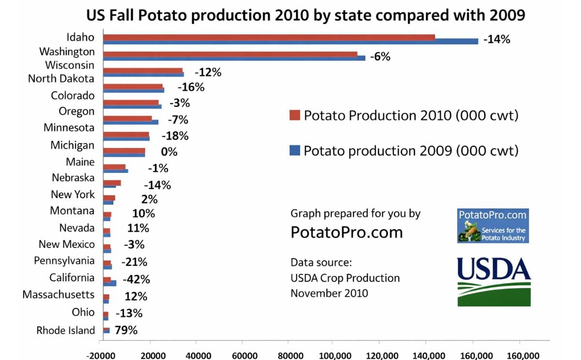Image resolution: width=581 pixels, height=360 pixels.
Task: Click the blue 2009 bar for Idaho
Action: (290, 42)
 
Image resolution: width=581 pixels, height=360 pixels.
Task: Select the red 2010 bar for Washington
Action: (230, 54)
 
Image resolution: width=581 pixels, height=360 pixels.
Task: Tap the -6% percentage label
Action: (380, 57)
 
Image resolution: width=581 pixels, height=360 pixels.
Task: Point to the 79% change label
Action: (126, 330)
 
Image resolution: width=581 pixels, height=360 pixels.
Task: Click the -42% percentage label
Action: (136, 280)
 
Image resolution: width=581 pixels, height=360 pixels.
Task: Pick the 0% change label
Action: (169, 152)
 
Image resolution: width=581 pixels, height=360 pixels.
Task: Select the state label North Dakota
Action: (61, 78)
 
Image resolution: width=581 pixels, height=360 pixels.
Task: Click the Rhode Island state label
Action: (65, 330)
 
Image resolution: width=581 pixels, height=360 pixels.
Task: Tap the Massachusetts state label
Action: (59, 295)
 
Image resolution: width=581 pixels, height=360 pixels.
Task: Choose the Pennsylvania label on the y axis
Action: (64, 261)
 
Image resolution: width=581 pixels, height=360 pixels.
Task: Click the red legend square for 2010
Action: (295, 116)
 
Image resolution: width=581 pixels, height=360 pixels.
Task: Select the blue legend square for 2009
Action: (295, 150)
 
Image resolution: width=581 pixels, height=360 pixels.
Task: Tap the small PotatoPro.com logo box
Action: (493, 225)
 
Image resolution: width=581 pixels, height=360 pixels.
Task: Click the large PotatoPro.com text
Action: (347, 232)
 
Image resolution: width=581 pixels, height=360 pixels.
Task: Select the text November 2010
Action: (329, 293)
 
